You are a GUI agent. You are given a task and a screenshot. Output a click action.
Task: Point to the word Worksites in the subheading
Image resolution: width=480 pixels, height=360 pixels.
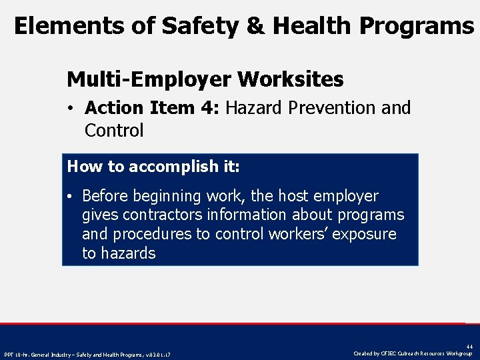pyautogui.click(x=290, y=79)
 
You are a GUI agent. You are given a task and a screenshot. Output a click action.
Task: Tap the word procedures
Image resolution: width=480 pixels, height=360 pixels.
pyautogui.click(x=152, y=234)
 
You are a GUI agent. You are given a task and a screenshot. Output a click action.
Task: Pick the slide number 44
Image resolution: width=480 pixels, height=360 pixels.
pyautogui.click(x=469, y=345)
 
